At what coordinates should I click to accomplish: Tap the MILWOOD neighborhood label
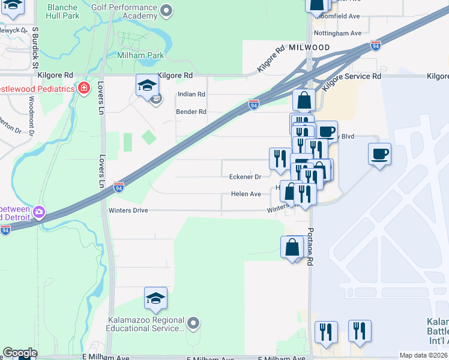[x=309, y=47]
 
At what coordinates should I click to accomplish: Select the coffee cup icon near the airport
[x=379, y=155]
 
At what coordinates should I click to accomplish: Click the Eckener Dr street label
[x=245, y=177]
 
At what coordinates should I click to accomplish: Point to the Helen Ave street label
[x=246, y=194]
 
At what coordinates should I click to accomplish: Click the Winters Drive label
[x=128, y=211]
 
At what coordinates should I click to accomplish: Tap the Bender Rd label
[x=191, y=112]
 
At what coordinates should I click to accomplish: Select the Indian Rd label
[x=191, y=94]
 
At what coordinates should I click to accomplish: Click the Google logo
[x=20, y=353]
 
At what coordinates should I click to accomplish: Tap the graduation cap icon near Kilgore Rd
[x=146, y=85]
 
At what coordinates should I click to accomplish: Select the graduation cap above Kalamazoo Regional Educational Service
[x=155, y=298]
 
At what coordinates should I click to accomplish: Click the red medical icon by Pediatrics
[x=85, y=89]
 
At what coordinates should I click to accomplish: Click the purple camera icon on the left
[x=40, y=211]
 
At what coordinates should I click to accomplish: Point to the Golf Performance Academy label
[x=126, y=10]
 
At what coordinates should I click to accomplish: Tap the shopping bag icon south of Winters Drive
[x=292, y=247]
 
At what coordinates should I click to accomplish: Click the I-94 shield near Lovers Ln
[x=119, y=187]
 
